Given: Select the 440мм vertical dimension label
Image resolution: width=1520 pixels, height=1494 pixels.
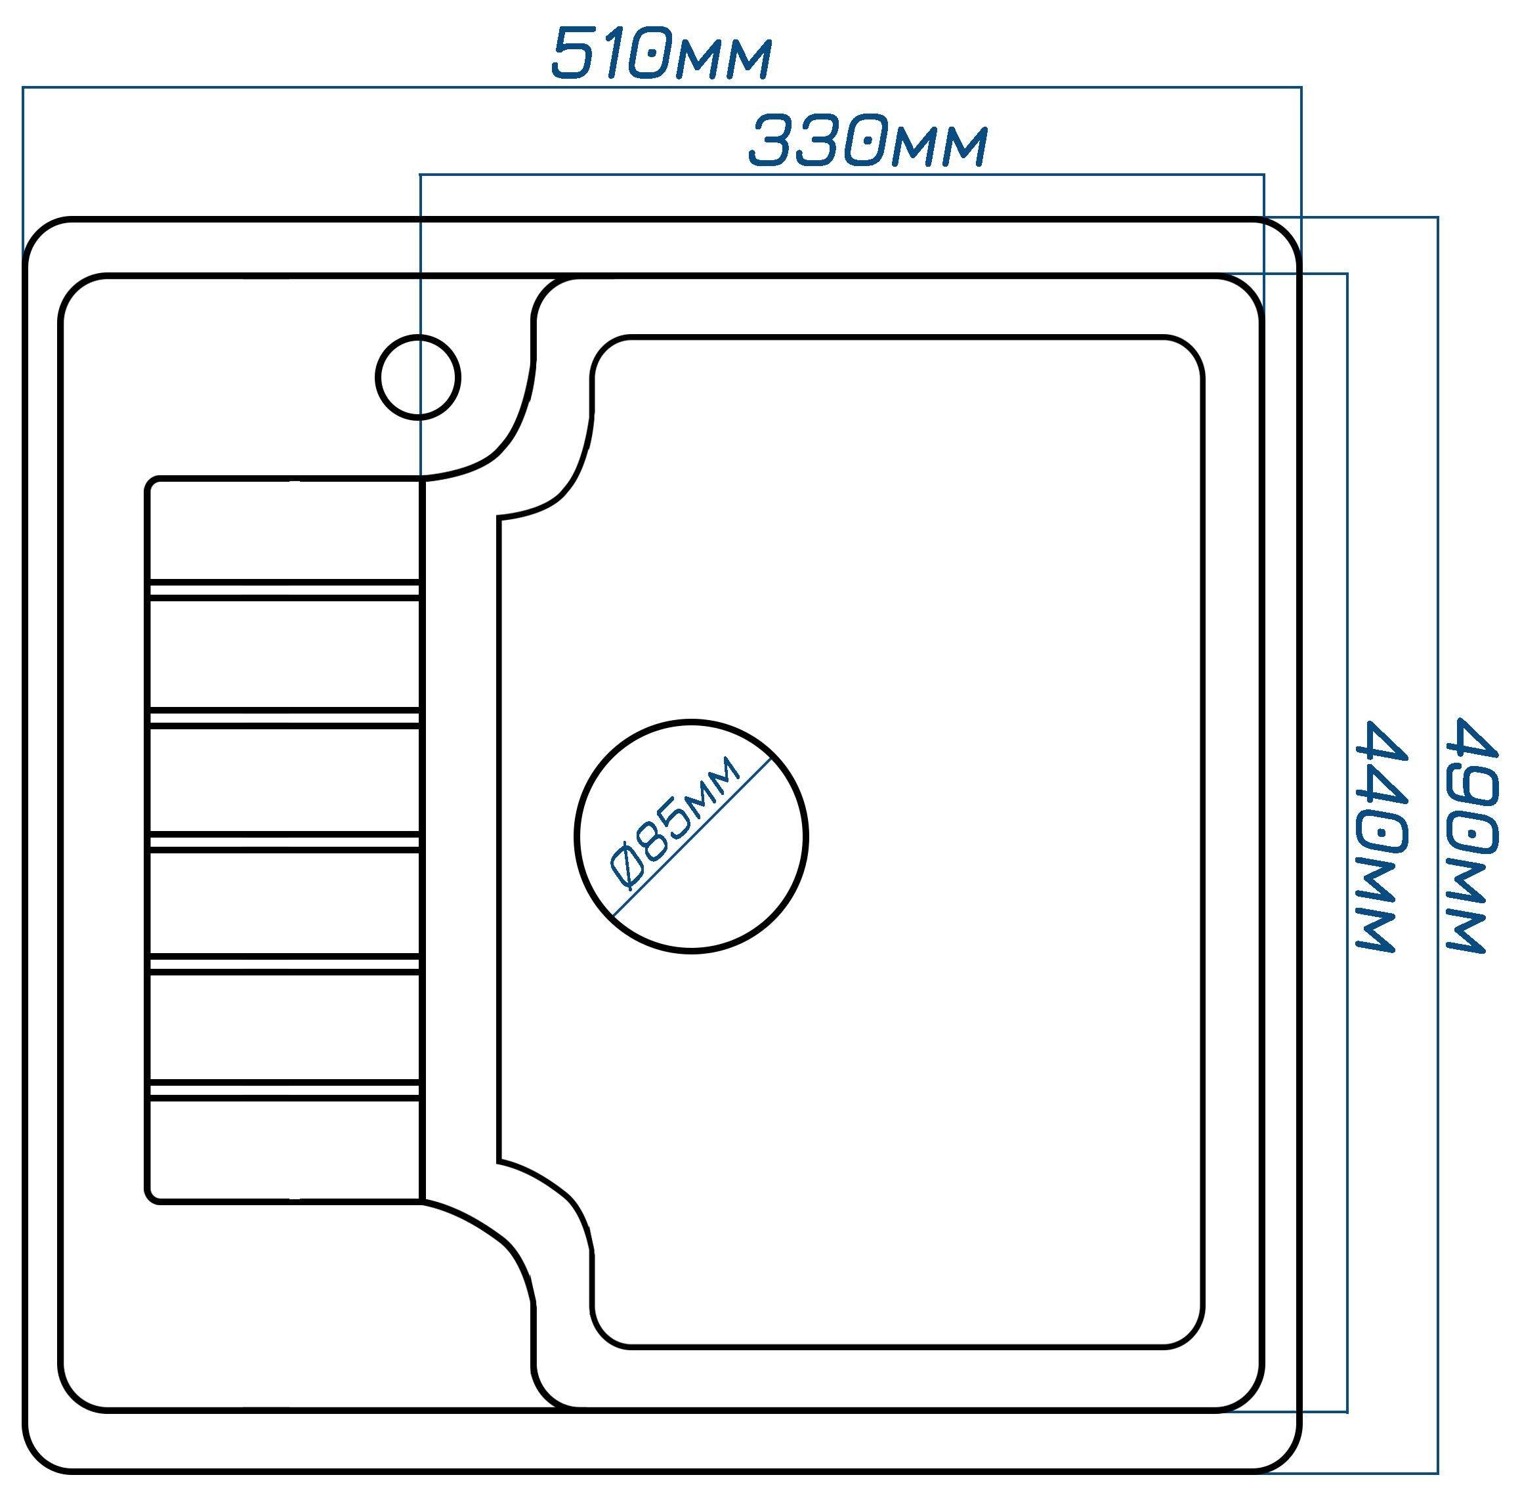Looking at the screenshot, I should pyautogui.click(x=1383, y=836).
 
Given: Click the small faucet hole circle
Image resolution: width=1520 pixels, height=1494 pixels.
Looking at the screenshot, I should pyautogui.click(x=417, y=377).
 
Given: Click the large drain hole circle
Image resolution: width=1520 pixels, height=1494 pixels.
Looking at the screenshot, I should pyautogui.click(x=690, y=836).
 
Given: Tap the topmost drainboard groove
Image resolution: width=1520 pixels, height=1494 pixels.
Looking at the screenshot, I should pyautogui.click(x=284, y=589).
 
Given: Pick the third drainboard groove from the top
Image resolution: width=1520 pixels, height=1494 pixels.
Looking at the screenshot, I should pyautogui.click(x=284, y=843).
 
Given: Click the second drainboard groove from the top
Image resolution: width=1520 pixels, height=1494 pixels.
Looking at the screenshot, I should pyautogui.click(x=284, y=716).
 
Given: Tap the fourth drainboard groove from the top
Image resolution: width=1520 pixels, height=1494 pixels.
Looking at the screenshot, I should pyautogui.click(x=284, y=964).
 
